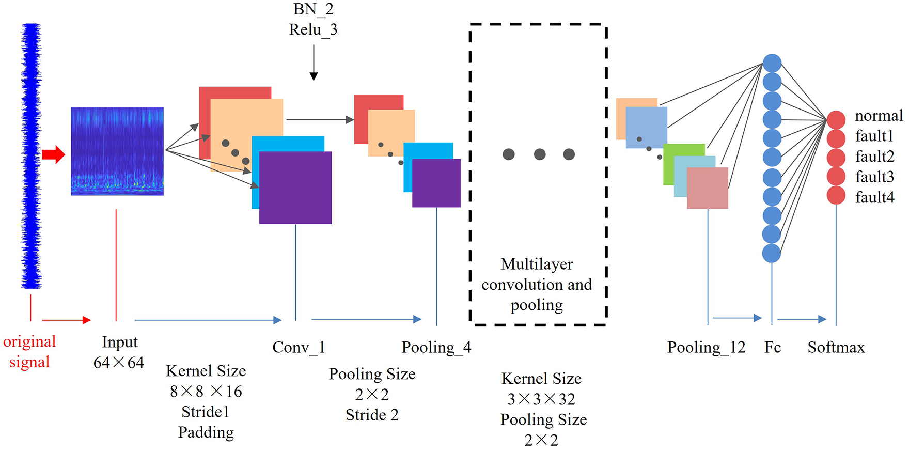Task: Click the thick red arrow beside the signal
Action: click(x=53, y=154)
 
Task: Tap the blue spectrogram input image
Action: click(x=117, y=151)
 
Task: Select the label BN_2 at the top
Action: click(x=313, y=9)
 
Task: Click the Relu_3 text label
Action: click(x=313, y=30)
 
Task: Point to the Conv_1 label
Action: click(x=299, y=348)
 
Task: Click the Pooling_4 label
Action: click(x=436, y=348)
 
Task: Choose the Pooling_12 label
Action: click(x=706, y=348)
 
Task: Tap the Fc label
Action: click(x=772, y=348)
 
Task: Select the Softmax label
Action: click(x=836, y=348)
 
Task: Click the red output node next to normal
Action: click(x=836, y=119)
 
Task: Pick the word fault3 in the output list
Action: click(x=874, y=177)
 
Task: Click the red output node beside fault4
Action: click(x=836, y=195)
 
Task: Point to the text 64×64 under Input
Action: click(x=118, y=363)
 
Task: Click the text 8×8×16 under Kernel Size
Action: click(x=206, y=392)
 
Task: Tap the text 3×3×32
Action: click(x=541, y=399)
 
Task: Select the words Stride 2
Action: click(x=372, y=415)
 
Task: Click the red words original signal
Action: click(x=29, y=352)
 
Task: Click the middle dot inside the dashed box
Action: click(x=540, y=154)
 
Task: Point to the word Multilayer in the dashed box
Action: click(x=537, y=264)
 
